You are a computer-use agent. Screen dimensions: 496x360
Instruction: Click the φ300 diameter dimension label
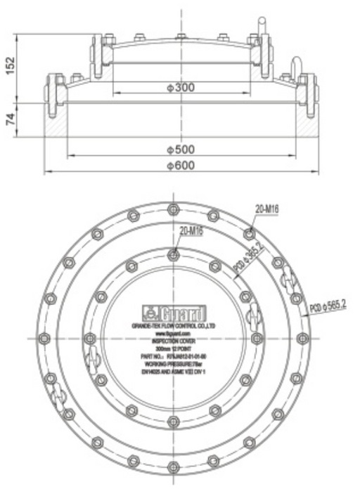181,88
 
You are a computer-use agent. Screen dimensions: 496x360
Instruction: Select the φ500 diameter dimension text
181,150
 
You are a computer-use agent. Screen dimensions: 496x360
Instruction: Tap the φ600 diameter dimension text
181,166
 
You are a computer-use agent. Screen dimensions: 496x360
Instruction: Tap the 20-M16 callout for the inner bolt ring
190,230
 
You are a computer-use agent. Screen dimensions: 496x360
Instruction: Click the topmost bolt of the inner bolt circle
174,255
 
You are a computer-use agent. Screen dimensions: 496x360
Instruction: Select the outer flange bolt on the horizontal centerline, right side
303,338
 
